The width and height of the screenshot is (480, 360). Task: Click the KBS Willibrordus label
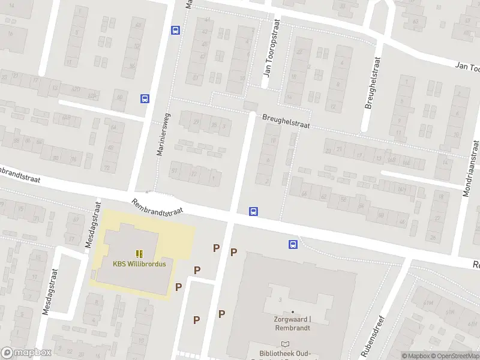click(139, 263)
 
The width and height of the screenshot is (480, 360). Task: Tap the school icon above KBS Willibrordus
click(139, 254)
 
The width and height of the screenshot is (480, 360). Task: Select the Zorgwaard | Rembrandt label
click(293, 324)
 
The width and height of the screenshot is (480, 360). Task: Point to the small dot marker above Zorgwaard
click(293, 312)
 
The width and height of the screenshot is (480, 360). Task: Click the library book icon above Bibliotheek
click(285, 344)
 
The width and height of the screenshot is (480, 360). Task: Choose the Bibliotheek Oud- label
click(285, 353)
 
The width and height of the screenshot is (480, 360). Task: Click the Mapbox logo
click(26, 353)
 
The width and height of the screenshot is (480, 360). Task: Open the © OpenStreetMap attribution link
click(454, 356)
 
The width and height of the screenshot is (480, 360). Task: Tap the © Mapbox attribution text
click(415, 356)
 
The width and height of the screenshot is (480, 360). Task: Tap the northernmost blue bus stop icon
click(175, 30)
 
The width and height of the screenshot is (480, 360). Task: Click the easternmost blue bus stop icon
click(293, 244)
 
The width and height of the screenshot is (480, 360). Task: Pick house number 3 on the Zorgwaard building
click(280, 299)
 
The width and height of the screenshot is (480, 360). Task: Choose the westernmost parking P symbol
click(178, 287)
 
